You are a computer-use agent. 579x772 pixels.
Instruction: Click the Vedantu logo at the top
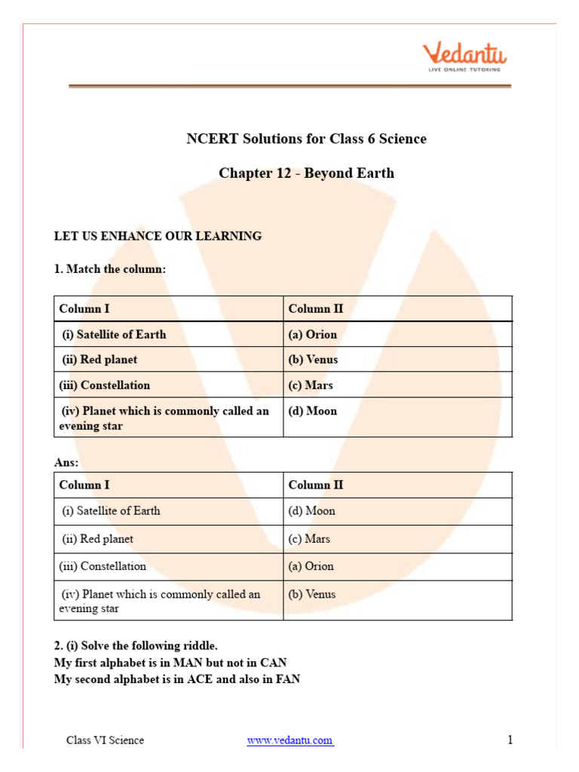coord(464,57)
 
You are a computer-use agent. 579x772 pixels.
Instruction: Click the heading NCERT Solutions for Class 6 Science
coord(306,139)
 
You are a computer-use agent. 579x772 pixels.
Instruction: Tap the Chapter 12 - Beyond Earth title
coord(306,173)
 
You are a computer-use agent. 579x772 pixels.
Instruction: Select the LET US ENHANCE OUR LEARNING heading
coord(158,236)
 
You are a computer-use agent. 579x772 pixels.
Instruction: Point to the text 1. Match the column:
coord(109,269)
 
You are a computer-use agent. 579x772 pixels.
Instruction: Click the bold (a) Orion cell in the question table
coord(312,335)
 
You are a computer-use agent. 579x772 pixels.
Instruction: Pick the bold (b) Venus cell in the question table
coord(313,360)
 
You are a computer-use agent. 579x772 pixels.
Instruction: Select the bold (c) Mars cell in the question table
coord(310,385)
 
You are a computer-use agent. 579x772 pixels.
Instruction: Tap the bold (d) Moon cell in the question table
coord(312,411)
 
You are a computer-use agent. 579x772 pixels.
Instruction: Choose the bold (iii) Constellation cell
coord(105,385)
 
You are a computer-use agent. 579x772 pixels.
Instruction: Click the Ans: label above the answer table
coord(66,462)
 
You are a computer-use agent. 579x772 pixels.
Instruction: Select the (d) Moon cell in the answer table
coord(311,511)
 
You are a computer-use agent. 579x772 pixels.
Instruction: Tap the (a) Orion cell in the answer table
coord(311,566)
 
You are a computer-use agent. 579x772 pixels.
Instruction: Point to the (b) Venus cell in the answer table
coord(311,594)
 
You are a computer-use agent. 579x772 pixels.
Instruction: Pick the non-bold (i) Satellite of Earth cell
coord(111,511)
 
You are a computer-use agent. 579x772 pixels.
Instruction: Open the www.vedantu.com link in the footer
coord(290,740)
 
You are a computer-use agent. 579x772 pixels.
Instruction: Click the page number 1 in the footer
coord(510,740)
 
